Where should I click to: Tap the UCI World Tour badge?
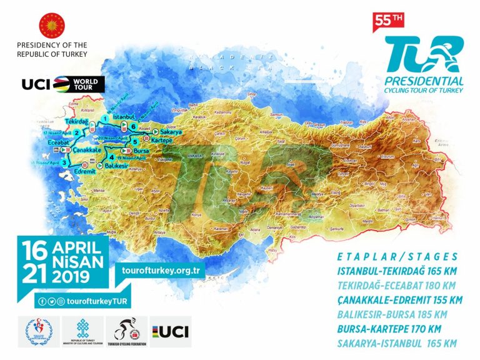coord(63,84)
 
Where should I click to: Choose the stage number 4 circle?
coord(111,157)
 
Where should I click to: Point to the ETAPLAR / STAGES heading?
coord(397,256)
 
